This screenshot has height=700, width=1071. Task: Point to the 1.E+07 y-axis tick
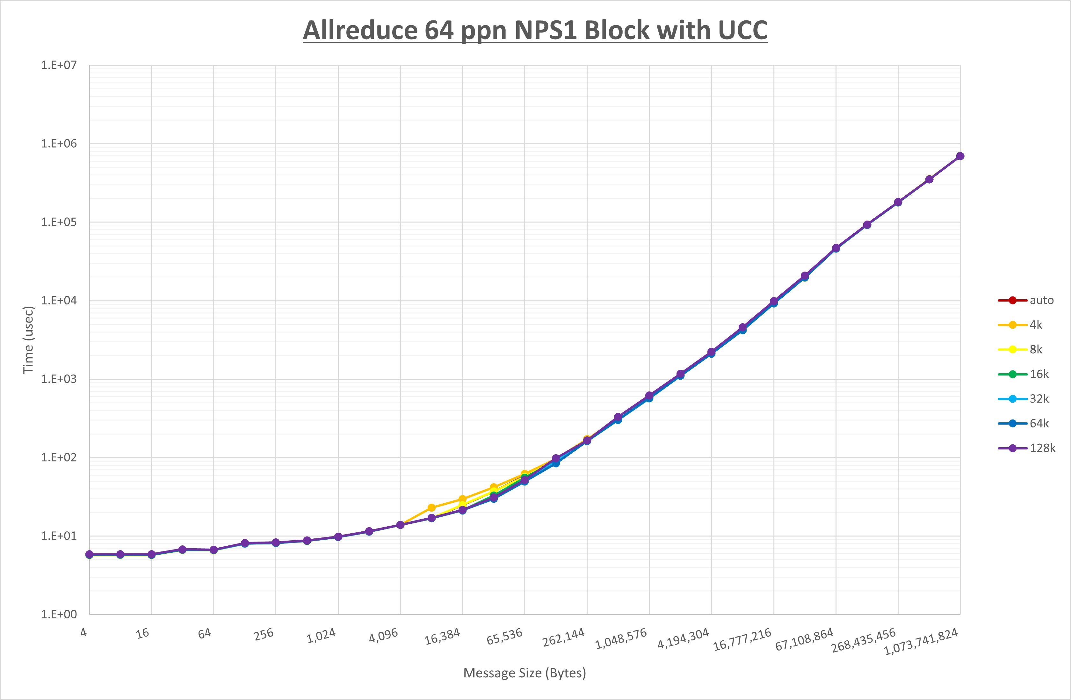(59, 65)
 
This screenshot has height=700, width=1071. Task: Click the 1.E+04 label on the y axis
(59, 300)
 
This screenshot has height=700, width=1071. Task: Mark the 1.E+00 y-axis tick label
(59, 615)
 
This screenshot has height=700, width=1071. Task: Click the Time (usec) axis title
(28, 340)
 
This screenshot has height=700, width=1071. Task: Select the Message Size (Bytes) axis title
(525, 673)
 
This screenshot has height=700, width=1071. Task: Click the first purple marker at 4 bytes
(89, 555)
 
